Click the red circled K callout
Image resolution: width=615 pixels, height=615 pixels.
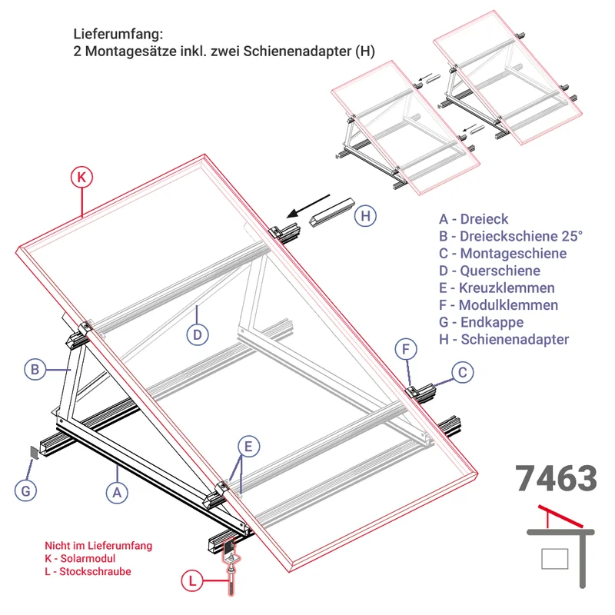(81, 178)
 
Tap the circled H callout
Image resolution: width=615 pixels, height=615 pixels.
(365, 216)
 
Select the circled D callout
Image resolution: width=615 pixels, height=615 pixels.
(198, 334)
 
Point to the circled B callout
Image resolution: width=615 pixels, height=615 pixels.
(35, 370)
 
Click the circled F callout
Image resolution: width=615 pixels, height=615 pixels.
(406, 349)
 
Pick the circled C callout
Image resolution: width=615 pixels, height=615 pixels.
(463, 372)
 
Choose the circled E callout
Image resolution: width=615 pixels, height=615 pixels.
(248, 447)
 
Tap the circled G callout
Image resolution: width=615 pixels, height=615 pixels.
(25, 490)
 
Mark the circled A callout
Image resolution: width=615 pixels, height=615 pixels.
(117, 492)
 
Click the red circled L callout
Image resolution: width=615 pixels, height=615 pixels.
(192, 581)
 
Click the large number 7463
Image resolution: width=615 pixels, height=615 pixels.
(556, 478)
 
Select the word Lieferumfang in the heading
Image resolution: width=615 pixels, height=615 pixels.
(118, 34)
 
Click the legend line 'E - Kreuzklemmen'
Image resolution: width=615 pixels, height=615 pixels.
(497, 288)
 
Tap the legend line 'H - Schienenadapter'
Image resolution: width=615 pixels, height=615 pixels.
(504, 339)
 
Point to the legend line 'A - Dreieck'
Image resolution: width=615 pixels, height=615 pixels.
(474, 219)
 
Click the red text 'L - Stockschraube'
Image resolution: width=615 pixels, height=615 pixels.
(88, 571)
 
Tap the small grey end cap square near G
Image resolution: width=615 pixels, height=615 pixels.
(35, 452)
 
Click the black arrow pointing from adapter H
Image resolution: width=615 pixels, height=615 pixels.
(308, 206)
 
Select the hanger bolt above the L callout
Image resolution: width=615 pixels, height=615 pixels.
(230, 567)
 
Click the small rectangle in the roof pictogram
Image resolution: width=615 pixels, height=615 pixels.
(554, 559)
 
